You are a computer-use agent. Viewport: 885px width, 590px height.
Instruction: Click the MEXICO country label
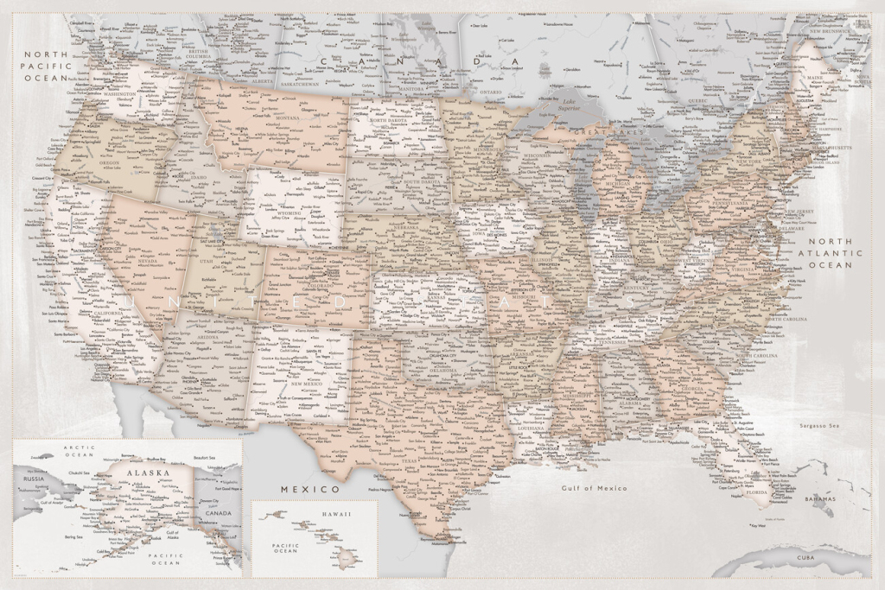click(309, 489)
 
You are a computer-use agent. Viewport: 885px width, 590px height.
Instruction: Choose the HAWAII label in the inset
click(337, 514)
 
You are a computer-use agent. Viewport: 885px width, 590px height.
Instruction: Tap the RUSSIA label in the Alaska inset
click(34, 478)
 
